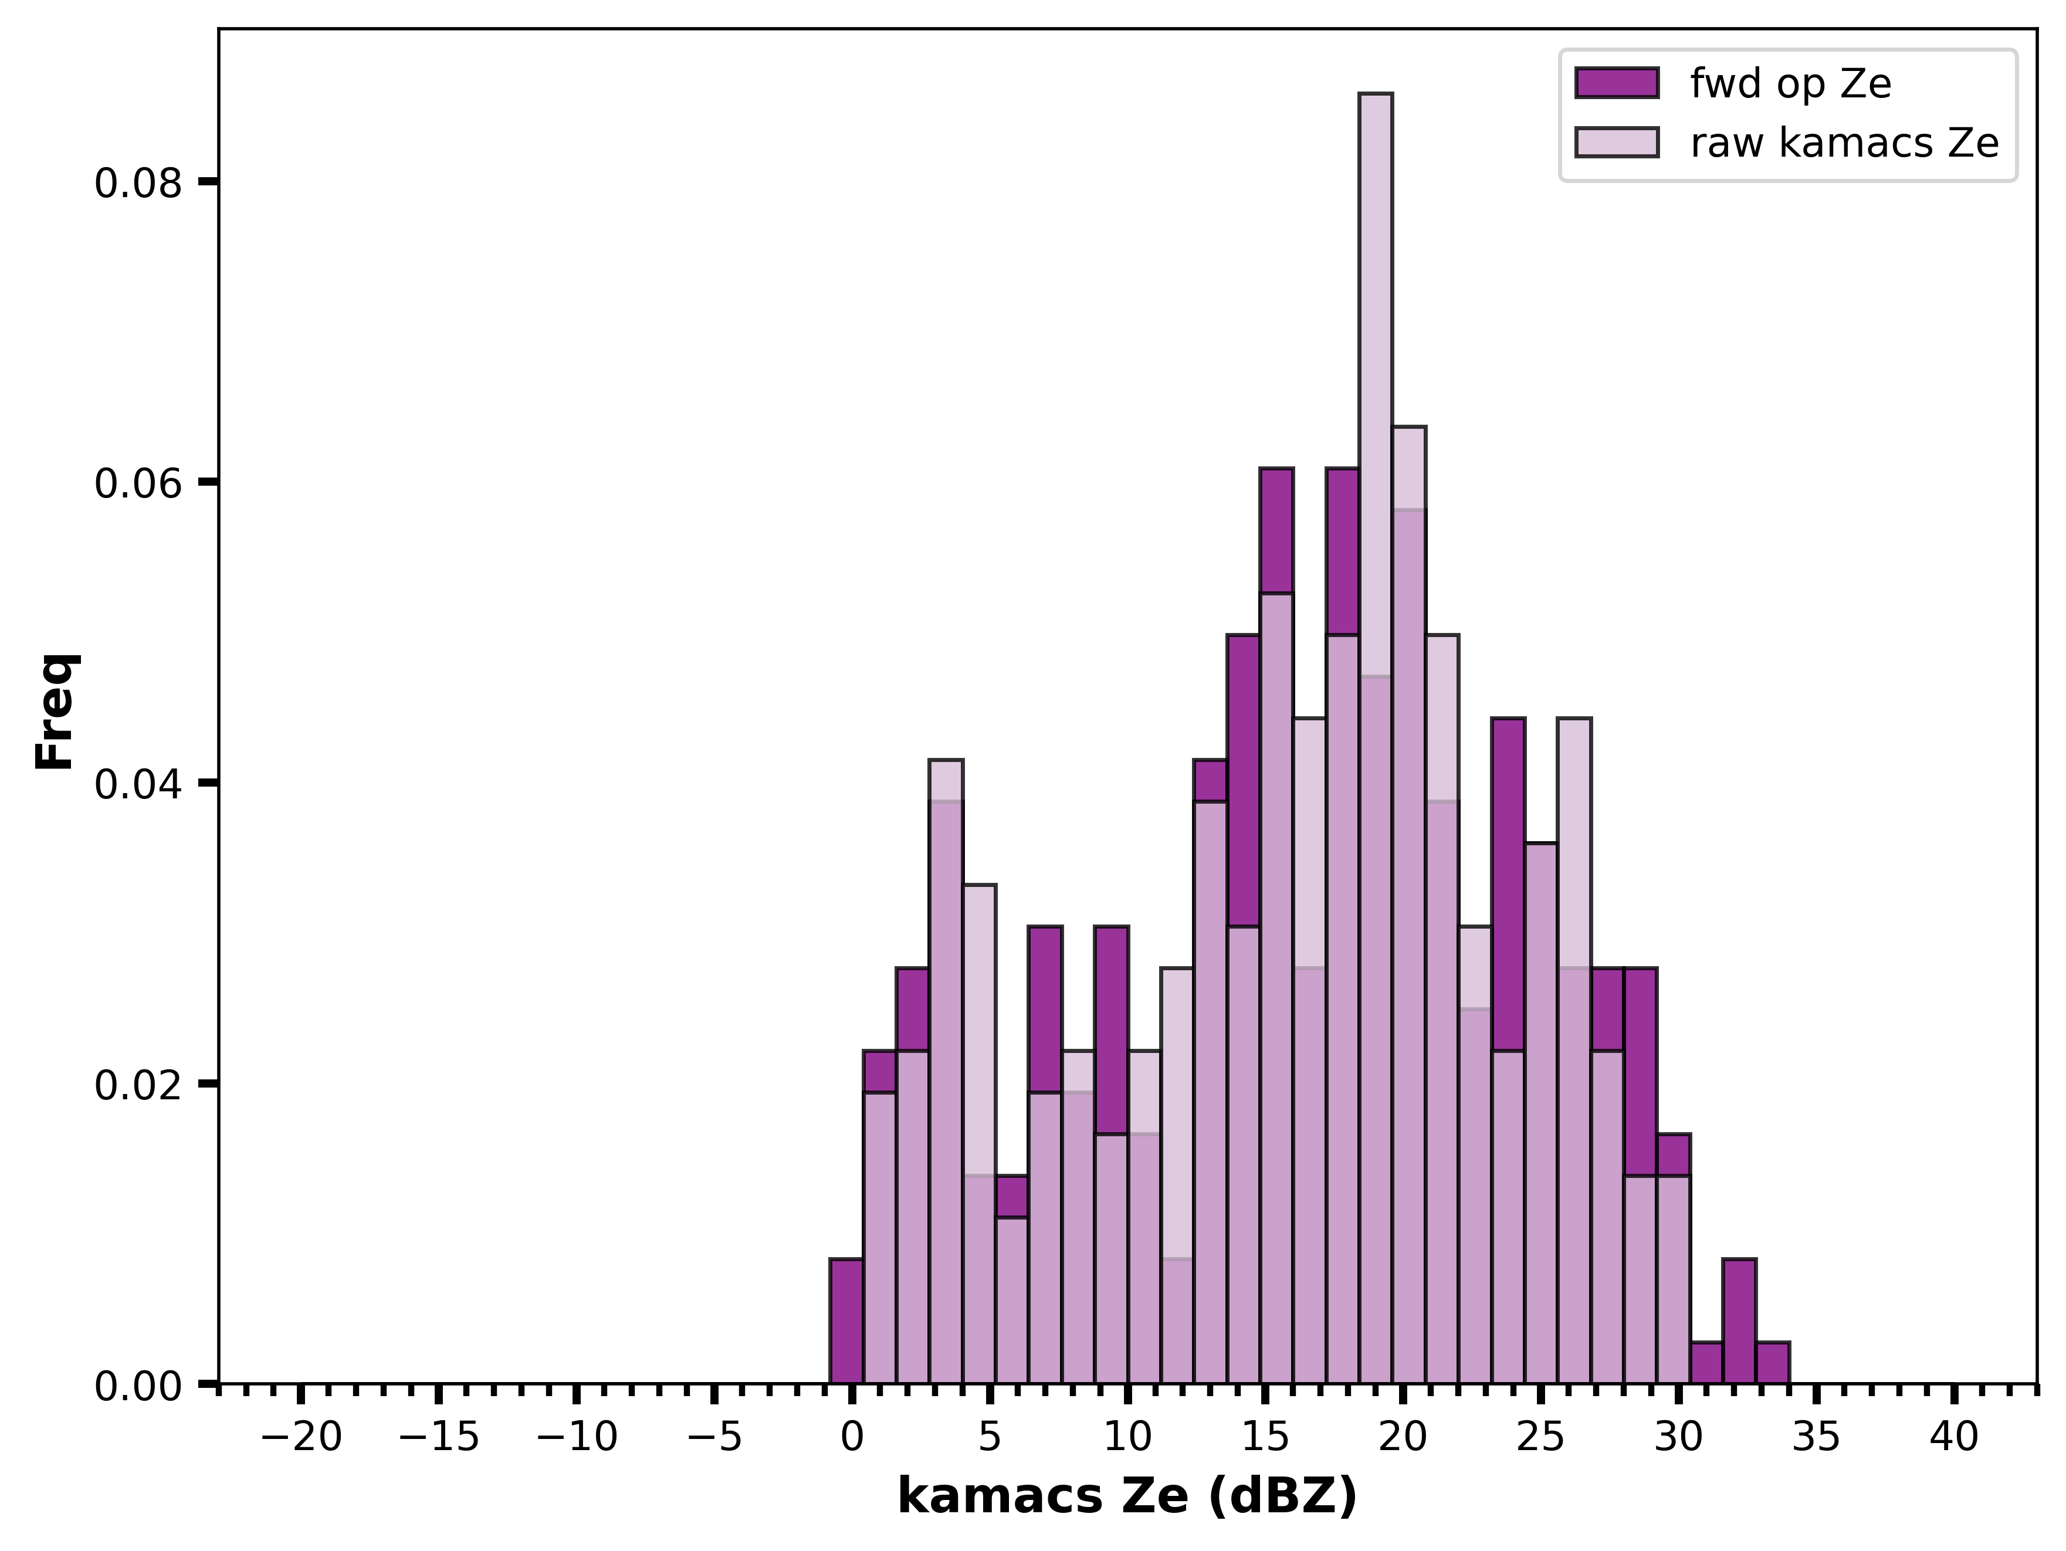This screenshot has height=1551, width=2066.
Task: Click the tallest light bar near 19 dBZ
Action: point(1375,738)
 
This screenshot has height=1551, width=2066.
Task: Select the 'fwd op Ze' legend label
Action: point(1790,84)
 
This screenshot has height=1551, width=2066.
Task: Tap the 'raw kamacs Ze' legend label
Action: point(1845,143)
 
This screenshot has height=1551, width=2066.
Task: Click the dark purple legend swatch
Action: point(1617,83)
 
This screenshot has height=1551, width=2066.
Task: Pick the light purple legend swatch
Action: point(1617,142)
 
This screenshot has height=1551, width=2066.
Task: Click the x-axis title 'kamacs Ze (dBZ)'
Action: point(1127,1497)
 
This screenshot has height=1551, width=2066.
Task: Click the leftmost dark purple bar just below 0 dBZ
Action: point(846,1321)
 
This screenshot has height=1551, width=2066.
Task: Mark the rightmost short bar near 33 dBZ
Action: point(1773,1362)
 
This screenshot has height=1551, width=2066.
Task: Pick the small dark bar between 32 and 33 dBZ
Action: point(1739,1321)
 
